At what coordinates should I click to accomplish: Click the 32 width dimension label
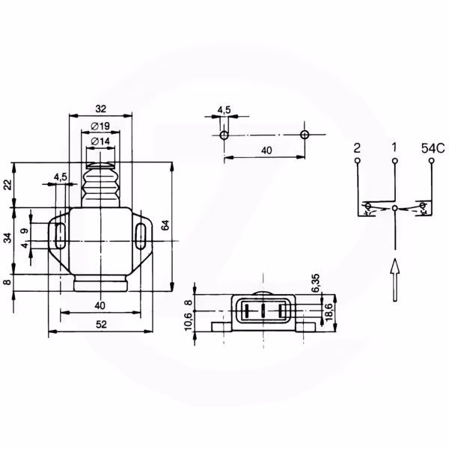[x=101, y=109]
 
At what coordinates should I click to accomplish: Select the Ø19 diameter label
[x=100, y=126]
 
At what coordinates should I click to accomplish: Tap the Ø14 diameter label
[x=100, y=141]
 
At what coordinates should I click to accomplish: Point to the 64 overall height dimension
[x=165, y=225]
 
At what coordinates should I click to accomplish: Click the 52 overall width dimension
[x=101, y=325]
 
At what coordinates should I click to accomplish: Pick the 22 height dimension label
[x=7, y=185]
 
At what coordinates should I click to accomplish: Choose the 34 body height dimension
[x=7, y=238]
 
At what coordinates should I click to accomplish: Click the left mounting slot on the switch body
[x=60, y=236]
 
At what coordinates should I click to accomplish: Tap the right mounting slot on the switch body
[x=140, y=236]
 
